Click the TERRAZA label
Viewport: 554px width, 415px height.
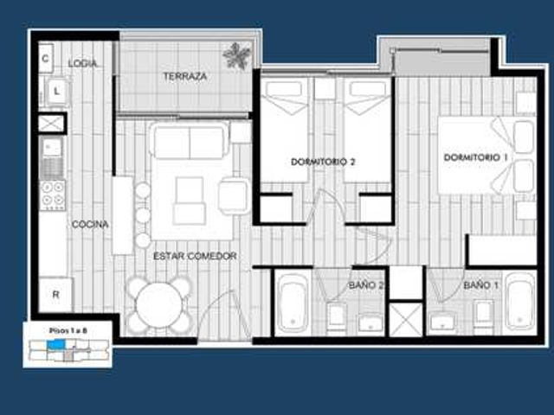[184, 76]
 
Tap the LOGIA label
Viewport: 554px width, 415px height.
[83, 63]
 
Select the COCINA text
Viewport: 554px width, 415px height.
[90, 225]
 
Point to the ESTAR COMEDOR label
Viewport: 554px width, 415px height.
[195, 256]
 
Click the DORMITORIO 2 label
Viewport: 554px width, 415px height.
[323, 162]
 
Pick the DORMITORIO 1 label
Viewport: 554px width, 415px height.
[475, 157]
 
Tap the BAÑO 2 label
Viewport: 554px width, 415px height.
[366, 285]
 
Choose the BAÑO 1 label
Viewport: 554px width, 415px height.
[481, 285]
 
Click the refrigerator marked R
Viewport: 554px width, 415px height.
[55, 295]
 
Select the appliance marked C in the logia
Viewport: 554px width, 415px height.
[46, 58]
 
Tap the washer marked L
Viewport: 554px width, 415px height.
[56, 92]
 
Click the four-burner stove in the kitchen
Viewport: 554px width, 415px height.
[53, 195]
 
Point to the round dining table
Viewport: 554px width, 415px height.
[158, 305]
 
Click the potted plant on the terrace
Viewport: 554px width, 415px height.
[236, 55]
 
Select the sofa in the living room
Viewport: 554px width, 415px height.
[190, 141]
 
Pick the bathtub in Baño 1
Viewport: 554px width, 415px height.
[519, 302]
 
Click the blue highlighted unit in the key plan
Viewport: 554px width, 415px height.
[56, 344]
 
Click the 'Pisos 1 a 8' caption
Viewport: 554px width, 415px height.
[68, 330]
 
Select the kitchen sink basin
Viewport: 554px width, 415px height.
[52, 147]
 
